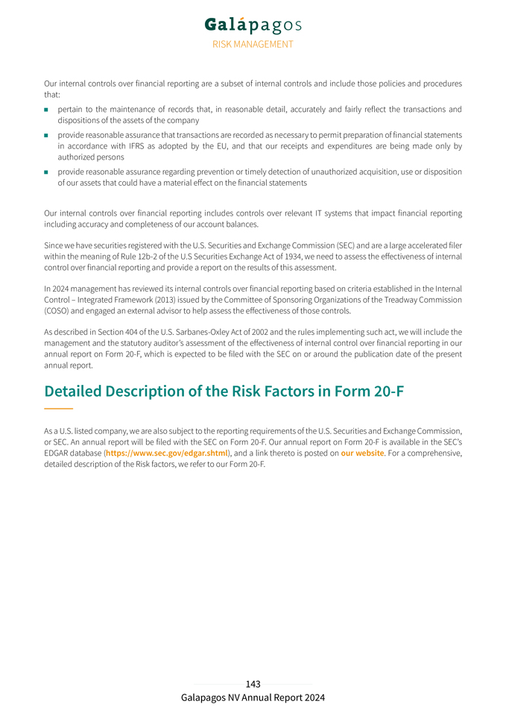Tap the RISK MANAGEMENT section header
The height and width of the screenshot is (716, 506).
(x=253, y=44)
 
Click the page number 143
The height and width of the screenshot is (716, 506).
(x=253, y=684)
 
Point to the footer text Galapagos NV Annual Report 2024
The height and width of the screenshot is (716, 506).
(x=253, y=698)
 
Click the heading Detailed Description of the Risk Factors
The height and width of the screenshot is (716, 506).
(x=224, y=391)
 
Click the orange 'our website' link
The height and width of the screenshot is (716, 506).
(x=362, y=453)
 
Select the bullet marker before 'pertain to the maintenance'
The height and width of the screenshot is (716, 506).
(x=46, y=110)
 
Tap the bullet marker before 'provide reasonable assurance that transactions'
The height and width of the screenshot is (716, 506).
(x=46, y=135)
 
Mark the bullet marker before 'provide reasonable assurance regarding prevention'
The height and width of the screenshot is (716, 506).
(x=46, y=172)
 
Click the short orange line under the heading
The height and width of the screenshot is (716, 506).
(x=58, y=409)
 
